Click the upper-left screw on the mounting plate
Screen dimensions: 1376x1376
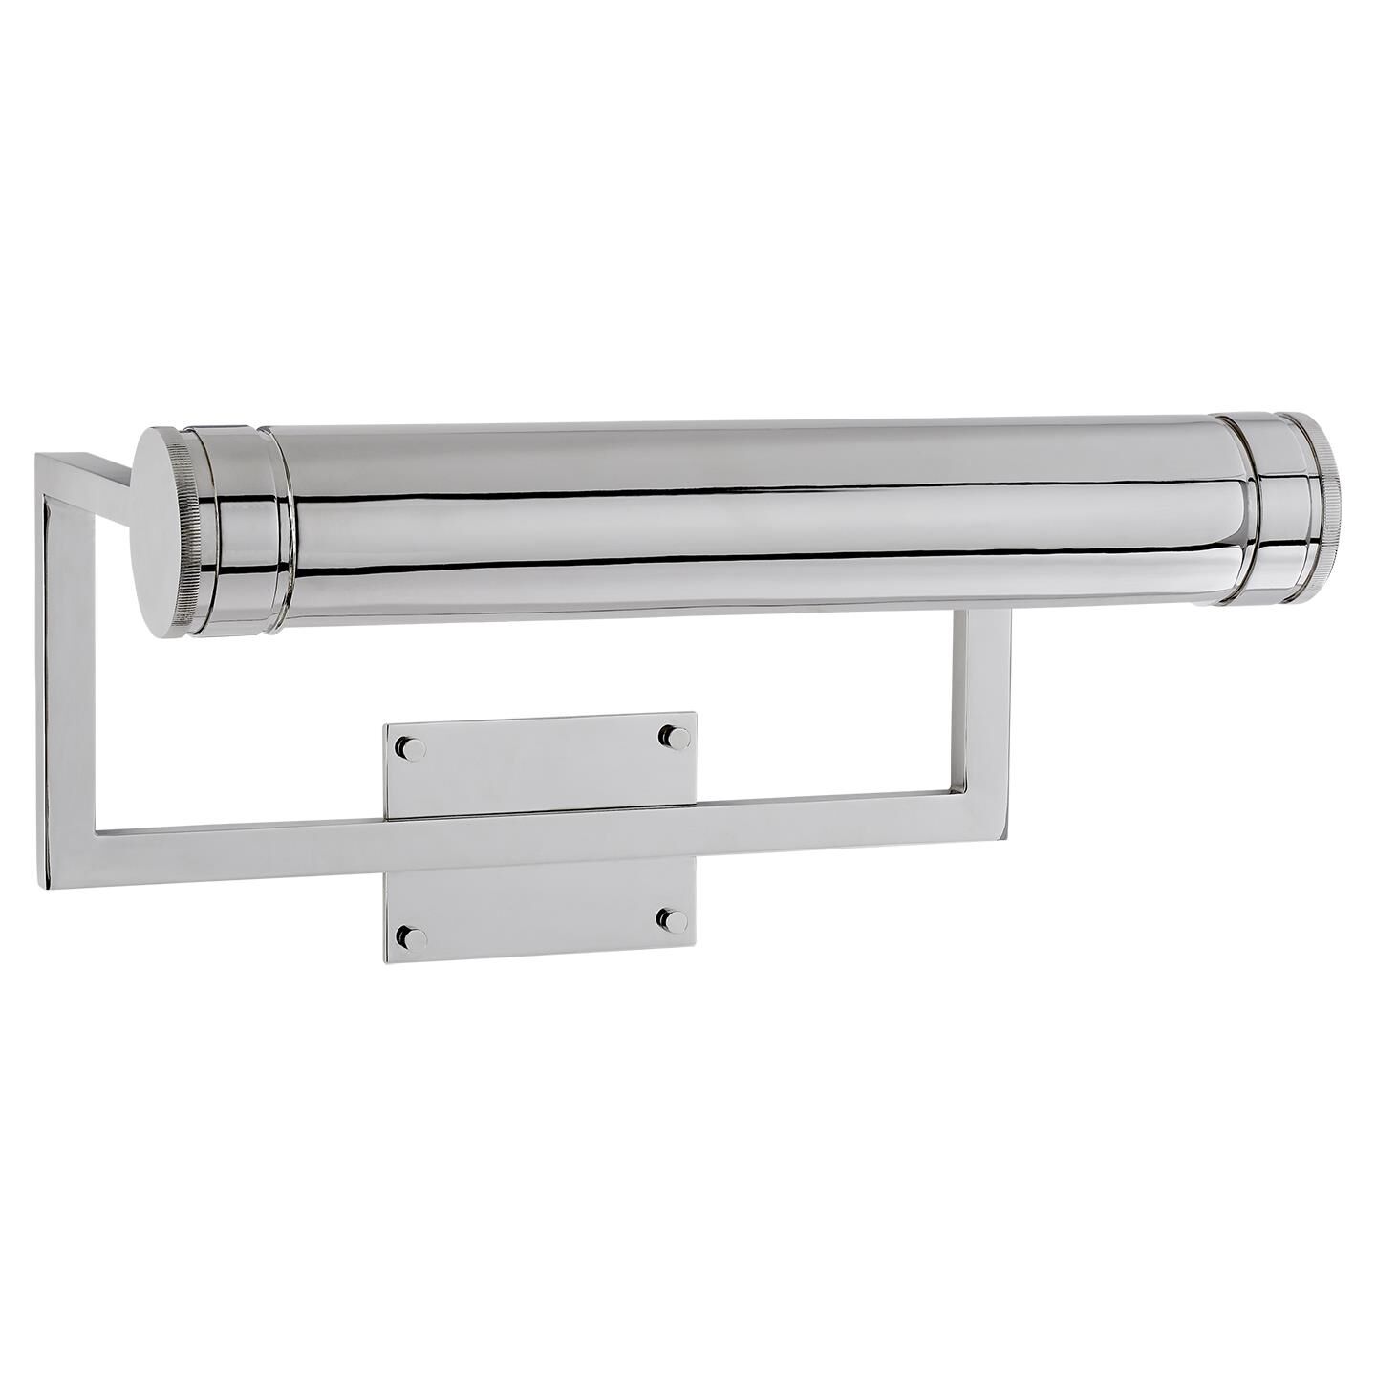[x=412, y=749]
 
